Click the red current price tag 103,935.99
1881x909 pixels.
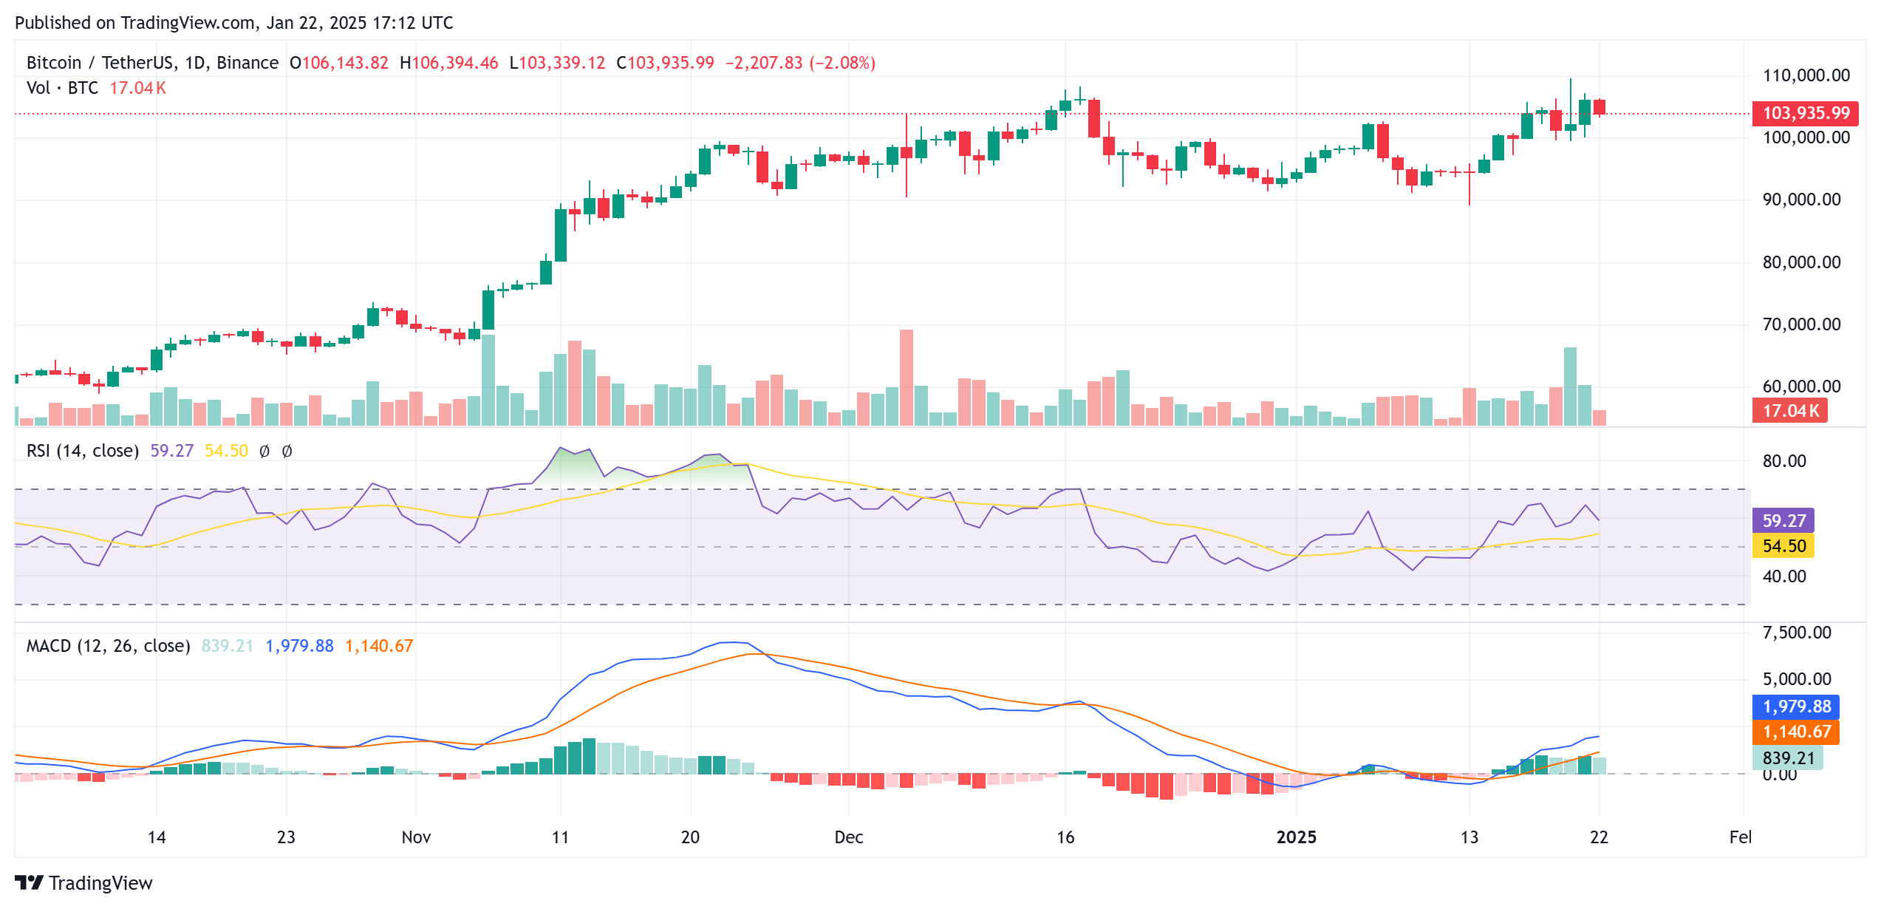(x=1805, y=113)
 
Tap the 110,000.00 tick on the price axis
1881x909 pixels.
(x=1806, y=75)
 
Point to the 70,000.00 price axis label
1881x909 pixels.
(x=1801, y=324)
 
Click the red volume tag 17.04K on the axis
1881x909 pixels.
(x=1789, y=411)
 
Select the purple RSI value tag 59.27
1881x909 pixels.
(x=1783, y=520)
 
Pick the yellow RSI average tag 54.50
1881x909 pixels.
(x=1783, y=546)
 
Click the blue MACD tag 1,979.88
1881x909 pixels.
(x=1796, y=707)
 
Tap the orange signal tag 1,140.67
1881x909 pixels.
(x=1796, y=732)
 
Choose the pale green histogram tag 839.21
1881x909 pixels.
(x=1788, y=758)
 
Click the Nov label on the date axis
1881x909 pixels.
(x=416, y=837)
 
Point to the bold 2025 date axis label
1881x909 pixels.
(x=1296, y=837)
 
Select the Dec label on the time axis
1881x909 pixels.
(x=848, y=837)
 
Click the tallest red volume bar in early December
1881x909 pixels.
(x=907, y=377)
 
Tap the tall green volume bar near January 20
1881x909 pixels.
(x=1570, y=386)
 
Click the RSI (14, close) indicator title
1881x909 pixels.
(x=83, y=451)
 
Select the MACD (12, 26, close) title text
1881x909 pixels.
(x=108, y=646)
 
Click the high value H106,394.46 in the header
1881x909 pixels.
(x=449, y=63)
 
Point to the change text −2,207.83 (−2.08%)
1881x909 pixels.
(x=800, y=63)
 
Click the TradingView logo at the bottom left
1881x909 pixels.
(x=83, y=883)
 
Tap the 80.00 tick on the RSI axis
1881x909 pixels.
(x=1783, y=461)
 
